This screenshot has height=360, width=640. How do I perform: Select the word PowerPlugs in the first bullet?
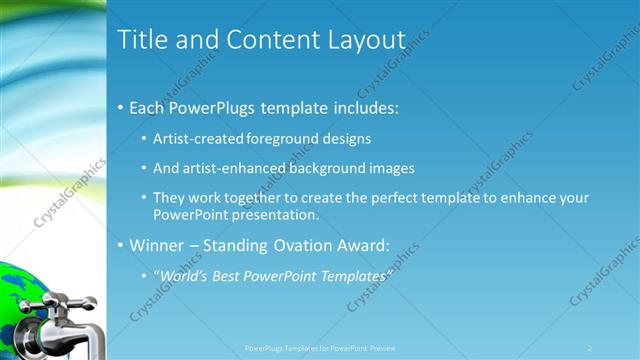click(214, 105)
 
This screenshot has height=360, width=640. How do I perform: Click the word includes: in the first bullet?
click(357, 105)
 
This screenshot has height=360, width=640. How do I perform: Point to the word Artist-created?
click(199, 138)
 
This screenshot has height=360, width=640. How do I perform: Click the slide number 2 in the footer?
click(590, 348)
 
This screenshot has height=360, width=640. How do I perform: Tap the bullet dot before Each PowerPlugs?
click(121, 106)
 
